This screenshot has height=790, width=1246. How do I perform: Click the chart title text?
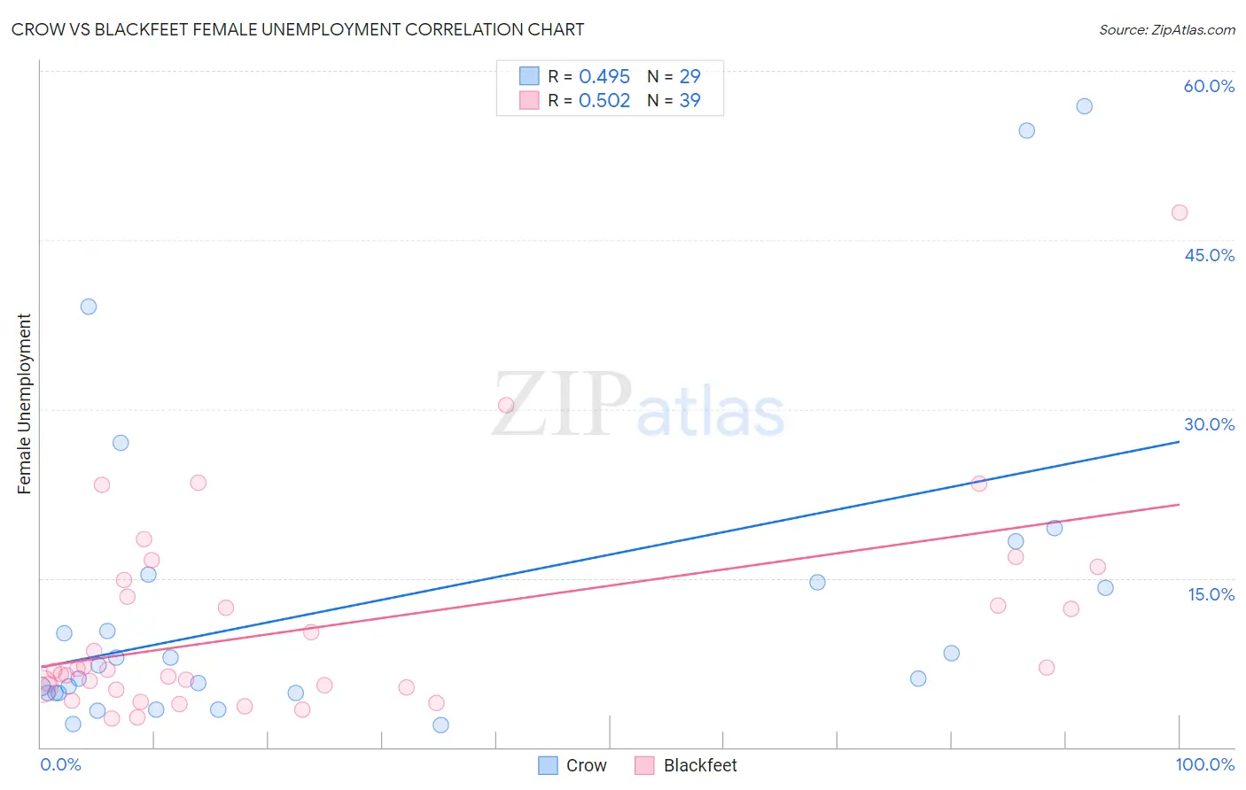click(298, 29)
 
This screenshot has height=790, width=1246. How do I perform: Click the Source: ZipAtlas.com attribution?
click(1166, 30)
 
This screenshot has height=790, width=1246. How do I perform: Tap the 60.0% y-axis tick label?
click(1209, 86)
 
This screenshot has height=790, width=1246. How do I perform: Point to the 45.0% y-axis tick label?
click(1209, 255)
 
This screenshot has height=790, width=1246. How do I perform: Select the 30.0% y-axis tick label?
click(1209, 424)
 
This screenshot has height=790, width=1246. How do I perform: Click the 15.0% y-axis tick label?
click(1211, 594)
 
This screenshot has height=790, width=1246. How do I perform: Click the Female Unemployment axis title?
click(24, 404)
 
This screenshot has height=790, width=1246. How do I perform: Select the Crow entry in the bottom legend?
click(572, 765)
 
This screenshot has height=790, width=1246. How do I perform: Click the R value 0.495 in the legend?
click(604, 77)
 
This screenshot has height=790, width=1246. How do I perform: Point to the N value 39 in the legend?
click(689, 101)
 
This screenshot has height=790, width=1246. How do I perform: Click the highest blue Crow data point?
click(1084, 106)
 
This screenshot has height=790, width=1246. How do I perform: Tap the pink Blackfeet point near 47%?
click(1179, 213)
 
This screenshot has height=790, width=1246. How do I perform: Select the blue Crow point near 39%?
click(89, 306)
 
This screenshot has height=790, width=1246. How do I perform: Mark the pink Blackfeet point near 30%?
click(506, 406)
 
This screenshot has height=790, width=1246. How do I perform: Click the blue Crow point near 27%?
click(121, 443)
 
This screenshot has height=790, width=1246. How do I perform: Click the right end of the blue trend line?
click(1179, 441)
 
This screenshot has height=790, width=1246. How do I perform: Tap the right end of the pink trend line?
click(1179, 504)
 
